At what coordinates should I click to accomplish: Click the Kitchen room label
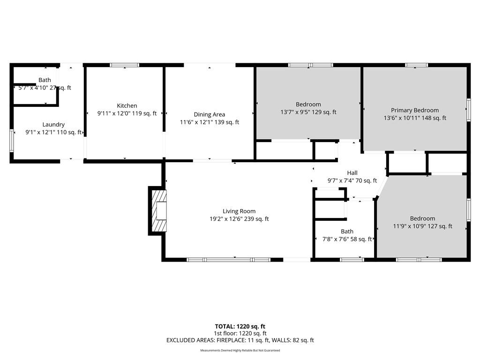click(x=127, y=105)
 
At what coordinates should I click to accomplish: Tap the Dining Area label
click(x=210, y=114)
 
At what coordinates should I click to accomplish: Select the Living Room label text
click(x=239, y=211)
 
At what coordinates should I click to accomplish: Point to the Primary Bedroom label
click(x=415, y=110)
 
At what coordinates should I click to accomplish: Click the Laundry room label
click(x=53, y=125)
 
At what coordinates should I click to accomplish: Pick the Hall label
click(x=352, y=173)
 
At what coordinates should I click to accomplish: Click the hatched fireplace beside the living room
click(x=159, y=210)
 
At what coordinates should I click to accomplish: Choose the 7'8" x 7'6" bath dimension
click(x=335, y=239)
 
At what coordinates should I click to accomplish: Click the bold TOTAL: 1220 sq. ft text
click(x=240, y=326)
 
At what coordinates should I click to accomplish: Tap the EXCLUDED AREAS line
click(x=240, y=340)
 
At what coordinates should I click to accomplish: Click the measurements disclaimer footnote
click(x=240, y=350)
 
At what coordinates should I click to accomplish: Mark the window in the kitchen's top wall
click(x=125, y=65)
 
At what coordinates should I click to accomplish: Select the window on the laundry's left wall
click(x=12, y=141)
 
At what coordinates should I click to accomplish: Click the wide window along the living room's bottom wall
click(x=228, y=260)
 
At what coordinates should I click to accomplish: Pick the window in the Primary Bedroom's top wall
click(x=416, y=65)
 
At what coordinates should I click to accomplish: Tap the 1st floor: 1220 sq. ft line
click(x=240, y=333)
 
